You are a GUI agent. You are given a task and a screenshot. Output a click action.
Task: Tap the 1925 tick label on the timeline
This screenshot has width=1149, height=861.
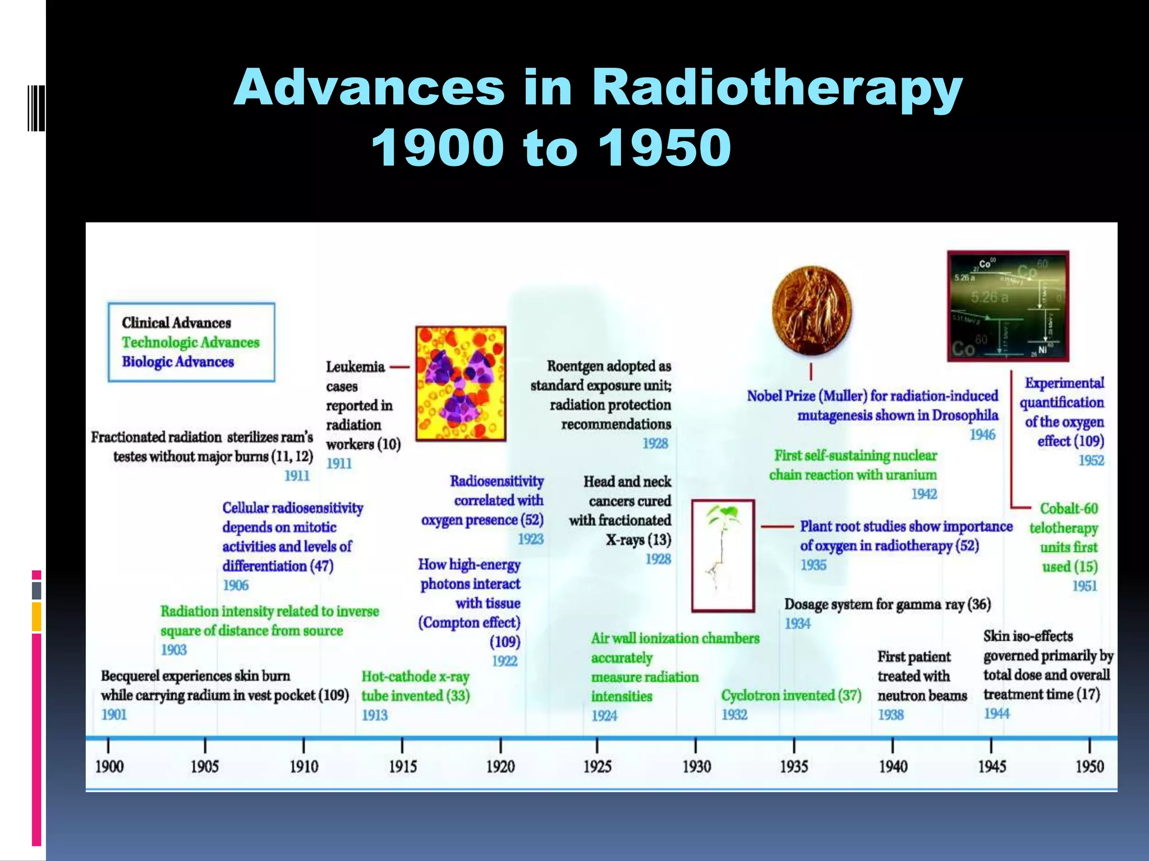[597, 766]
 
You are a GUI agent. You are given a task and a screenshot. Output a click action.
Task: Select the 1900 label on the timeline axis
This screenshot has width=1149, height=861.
[109, 766]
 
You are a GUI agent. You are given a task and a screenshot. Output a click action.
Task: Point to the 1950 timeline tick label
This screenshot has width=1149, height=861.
[1089, 766]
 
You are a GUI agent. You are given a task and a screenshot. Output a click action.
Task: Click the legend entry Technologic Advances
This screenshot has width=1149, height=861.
[191, 342]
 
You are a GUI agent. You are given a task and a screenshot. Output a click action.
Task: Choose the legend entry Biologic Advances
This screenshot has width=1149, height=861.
[178, 362]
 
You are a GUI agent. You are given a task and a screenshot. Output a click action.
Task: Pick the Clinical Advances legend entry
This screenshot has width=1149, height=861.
[176, 323]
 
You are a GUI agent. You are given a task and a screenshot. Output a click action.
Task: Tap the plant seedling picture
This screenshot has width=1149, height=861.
[723, 555]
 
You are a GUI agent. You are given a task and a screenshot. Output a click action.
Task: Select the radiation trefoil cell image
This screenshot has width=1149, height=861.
[461, 384]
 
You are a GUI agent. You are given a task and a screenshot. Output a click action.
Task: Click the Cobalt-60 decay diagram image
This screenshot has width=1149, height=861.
[1008, 306]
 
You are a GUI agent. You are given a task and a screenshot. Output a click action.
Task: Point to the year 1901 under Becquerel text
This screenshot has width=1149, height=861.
[114, 715]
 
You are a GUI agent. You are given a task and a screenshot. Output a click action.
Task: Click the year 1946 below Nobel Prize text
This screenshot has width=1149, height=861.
[982, 435]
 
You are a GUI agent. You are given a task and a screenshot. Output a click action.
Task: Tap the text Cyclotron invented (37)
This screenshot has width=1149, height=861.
[791, 696]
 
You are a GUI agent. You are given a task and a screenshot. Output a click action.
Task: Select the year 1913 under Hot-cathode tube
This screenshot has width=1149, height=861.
[374, 715]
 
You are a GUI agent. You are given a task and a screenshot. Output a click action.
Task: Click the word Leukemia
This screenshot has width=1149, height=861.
[355, 367]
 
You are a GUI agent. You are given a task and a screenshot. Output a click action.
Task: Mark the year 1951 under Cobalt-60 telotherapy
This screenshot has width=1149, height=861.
[1084, 586]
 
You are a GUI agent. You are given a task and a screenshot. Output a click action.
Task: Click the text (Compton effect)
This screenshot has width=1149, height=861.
[469, 623]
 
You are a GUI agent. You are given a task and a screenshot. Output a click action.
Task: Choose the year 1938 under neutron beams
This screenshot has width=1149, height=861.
[890, 715]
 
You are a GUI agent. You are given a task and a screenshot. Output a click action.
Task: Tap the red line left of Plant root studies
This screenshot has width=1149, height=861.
[776, 527]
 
